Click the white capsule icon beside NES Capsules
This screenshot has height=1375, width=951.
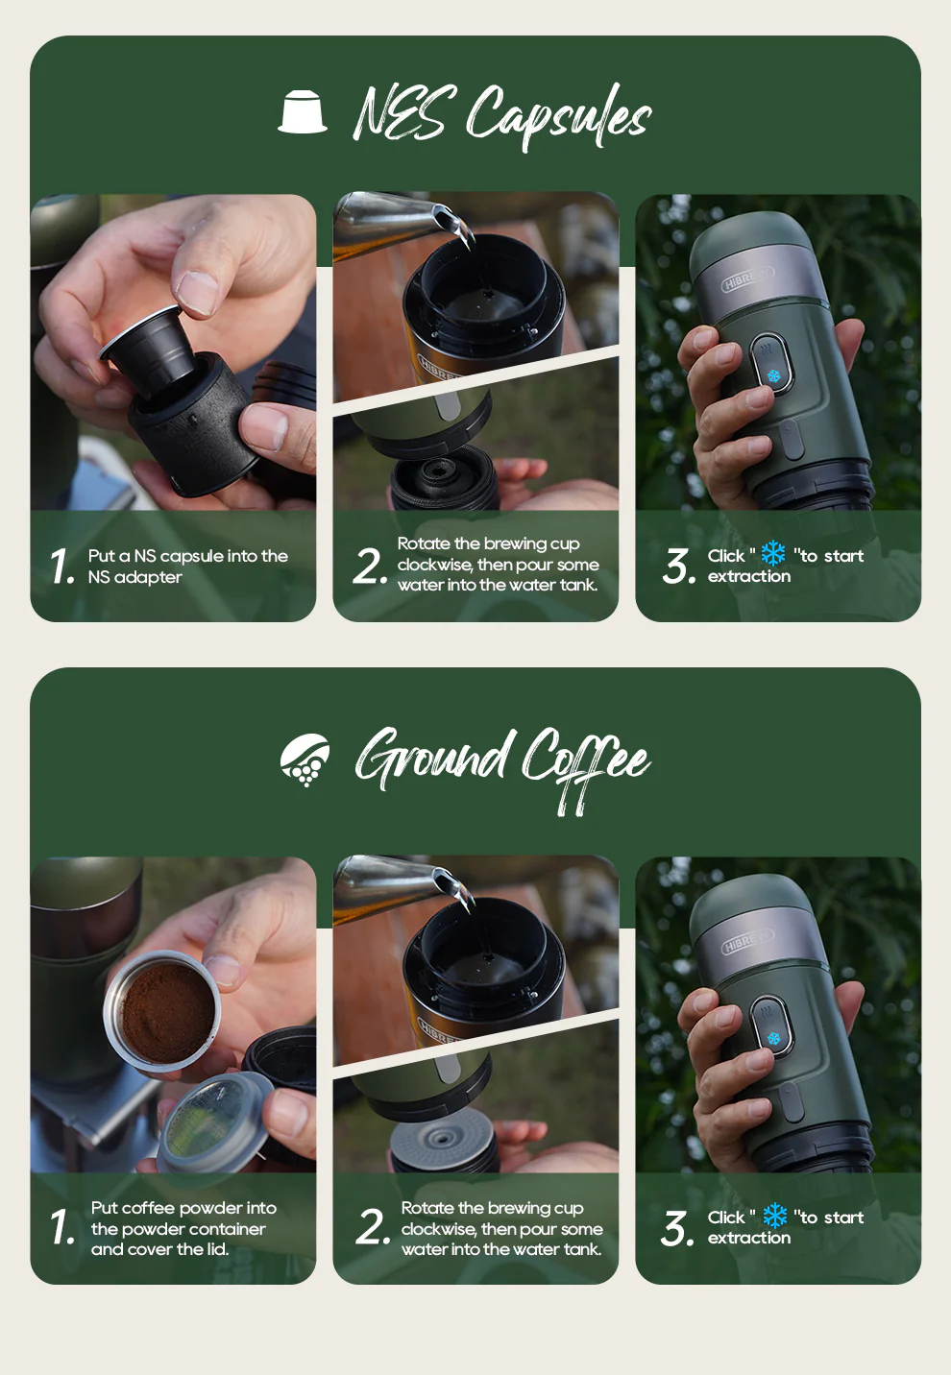coord(303,112)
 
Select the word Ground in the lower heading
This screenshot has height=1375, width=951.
coord(431,758)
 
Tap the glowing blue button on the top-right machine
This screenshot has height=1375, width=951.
coord(773,375)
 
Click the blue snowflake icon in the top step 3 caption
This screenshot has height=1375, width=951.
coord(773,554)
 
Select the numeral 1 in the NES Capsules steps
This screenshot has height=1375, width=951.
coord(62,567)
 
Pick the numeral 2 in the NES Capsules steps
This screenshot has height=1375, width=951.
coord(369,566)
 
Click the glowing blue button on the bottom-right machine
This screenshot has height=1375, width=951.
coord(773,1038)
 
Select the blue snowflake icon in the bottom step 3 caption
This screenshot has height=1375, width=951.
coord(774,1217)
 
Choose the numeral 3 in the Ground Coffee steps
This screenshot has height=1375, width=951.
coord(677,1228)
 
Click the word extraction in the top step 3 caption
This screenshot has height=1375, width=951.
coord(749,577)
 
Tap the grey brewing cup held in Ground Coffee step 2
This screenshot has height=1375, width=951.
coord(443,1143)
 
